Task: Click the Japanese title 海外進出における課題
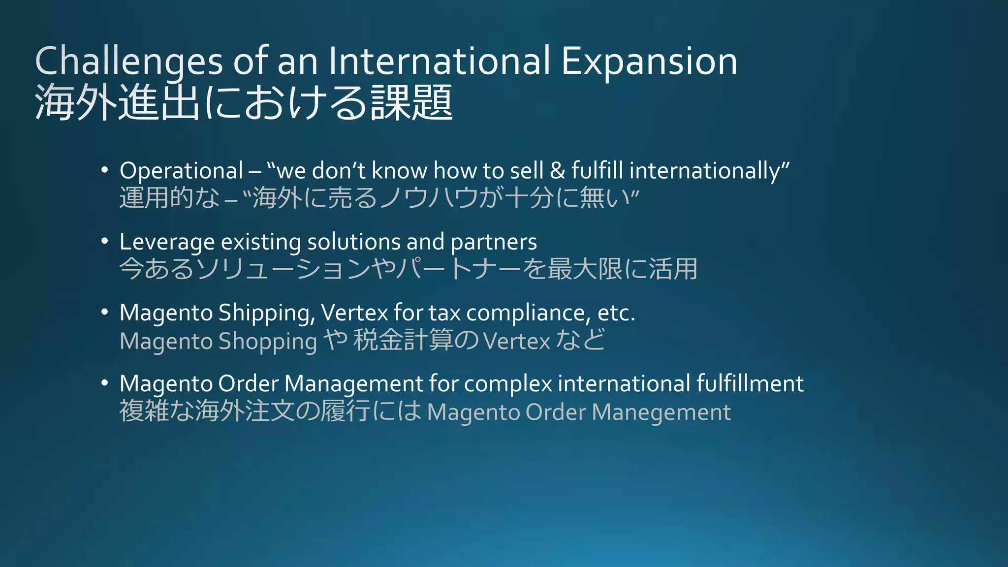(x=244, y=102)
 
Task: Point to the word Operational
(x=182, y=171)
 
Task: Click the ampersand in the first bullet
(x=557, y=171)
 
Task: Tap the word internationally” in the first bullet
(x=709, y=171)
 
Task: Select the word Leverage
(x=167, y=242)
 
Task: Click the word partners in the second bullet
(x=494, y=242)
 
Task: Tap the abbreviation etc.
(x=616, y=313)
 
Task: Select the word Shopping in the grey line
(x=268, y=342)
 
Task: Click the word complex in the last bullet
(x=508, y=384)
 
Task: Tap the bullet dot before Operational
(x=104, y=170)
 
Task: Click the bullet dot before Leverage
(x=104, y=241)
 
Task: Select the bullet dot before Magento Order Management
(x=104, y=383)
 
